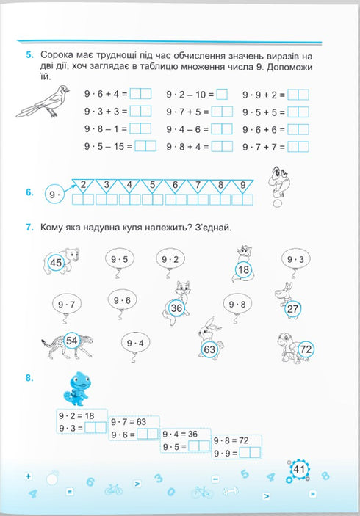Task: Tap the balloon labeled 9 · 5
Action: tap(120, 259)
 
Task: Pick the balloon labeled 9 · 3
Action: tap(295, 259)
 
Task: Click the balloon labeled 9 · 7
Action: tap(66, 303)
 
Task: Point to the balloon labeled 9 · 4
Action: tap(135, 343)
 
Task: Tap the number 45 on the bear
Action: tap(56, 262)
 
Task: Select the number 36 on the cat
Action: tap(176, 309)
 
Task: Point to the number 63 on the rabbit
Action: tap(209, 349)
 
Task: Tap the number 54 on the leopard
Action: tap(72, 340)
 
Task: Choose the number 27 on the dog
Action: tap(292, 309)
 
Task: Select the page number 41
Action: tap(298, 470)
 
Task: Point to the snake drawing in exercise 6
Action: tap(278, 178)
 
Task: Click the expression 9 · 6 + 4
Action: tap(107, 94)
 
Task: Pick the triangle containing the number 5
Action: tap(152, 186)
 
